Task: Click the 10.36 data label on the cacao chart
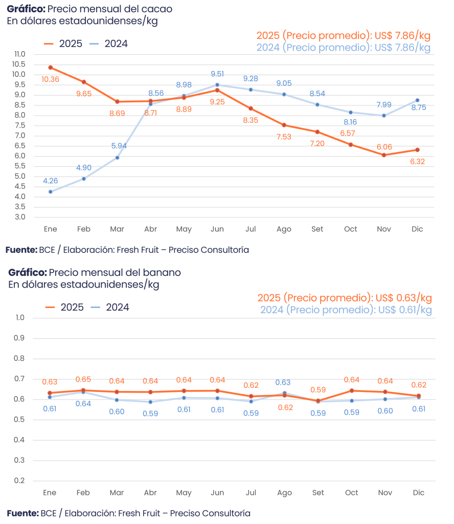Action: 51,79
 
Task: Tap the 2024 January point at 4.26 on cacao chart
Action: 51,192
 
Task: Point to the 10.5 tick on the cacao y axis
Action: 19,64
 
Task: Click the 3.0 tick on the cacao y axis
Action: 19,217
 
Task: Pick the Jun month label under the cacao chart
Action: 217,229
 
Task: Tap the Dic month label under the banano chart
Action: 418,493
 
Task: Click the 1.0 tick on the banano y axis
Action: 20,318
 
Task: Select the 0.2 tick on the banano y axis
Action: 20,481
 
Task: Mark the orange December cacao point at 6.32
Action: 418,150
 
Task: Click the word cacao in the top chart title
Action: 158,9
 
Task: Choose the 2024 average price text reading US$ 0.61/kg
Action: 346,310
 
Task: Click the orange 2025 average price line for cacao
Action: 343,36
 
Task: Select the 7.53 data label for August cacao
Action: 284,137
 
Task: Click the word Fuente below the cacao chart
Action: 21,250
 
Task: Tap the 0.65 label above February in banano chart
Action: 84,379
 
